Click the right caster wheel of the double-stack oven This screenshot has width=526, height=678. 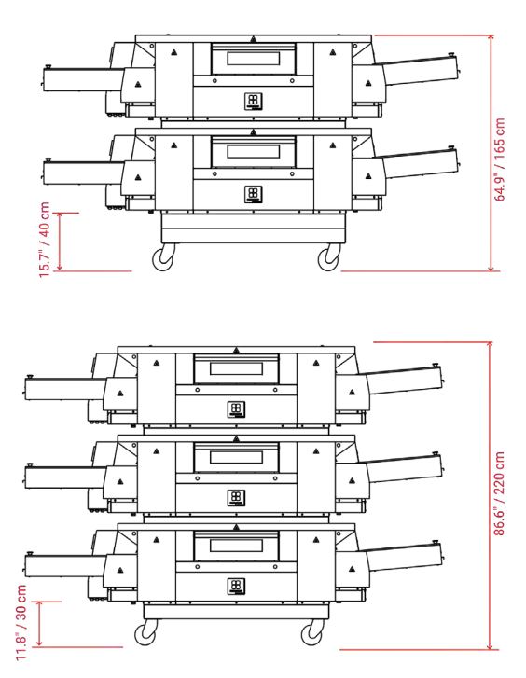[328, 256]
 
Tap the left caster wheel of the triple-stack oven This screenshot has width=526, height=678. [145, 633]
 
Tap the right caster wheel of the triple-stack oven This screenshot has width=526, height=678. [311, 633]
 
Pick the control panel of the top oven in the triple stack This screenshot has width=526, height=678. [236, 409]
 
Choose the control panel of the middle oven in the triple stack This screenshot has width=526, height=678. [236, 497]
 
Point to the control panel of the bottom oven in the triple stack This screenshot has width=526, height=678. [236, 586]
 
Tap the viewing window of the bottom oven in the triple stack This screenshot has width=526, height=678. [236, 547]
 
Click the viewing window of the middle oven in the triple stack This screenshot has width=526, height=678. [236, 458]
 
